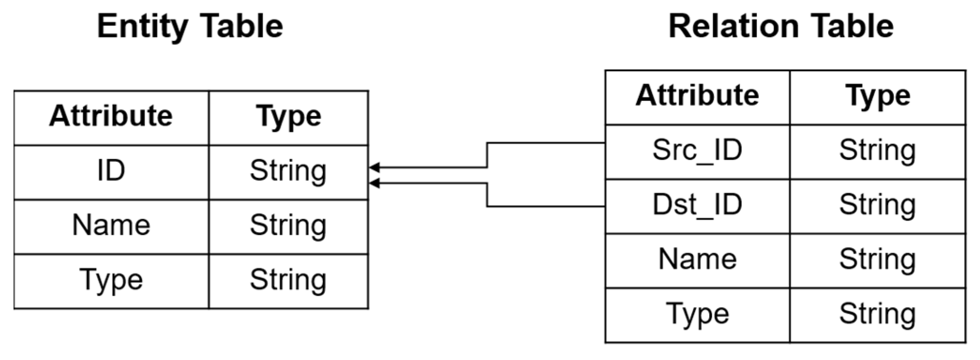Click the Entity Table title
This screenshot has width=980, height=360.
190,26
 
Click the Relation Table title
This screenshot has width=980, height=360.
781,26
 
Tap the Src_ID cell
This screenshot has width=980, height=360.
697,151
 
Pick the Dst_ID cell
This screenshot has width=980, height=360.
697,205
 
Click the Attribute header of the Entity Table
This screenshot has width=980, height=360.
111,117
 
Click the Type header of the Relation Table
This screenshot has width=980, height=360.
878,97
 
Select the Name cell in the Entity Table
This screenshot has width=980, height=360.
111,225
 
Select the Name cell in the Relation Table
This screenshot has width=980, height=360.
697,260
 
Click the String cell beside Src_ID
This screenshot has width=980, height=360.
878,151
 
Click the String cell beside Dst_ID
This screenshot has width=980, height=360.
878,205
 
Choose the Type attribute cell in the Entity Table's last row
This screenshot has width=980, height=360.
111,280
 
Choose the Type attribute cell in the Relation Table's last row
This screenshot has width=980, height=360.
697,314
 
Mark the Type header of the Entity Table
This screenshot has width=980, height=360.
288,117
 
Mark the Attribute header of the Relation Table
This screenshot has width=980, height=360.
697,97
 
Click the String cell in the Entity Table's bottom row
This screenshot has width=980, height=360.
288,280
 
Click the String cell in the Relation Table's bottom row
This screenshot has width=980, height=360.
878,314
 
